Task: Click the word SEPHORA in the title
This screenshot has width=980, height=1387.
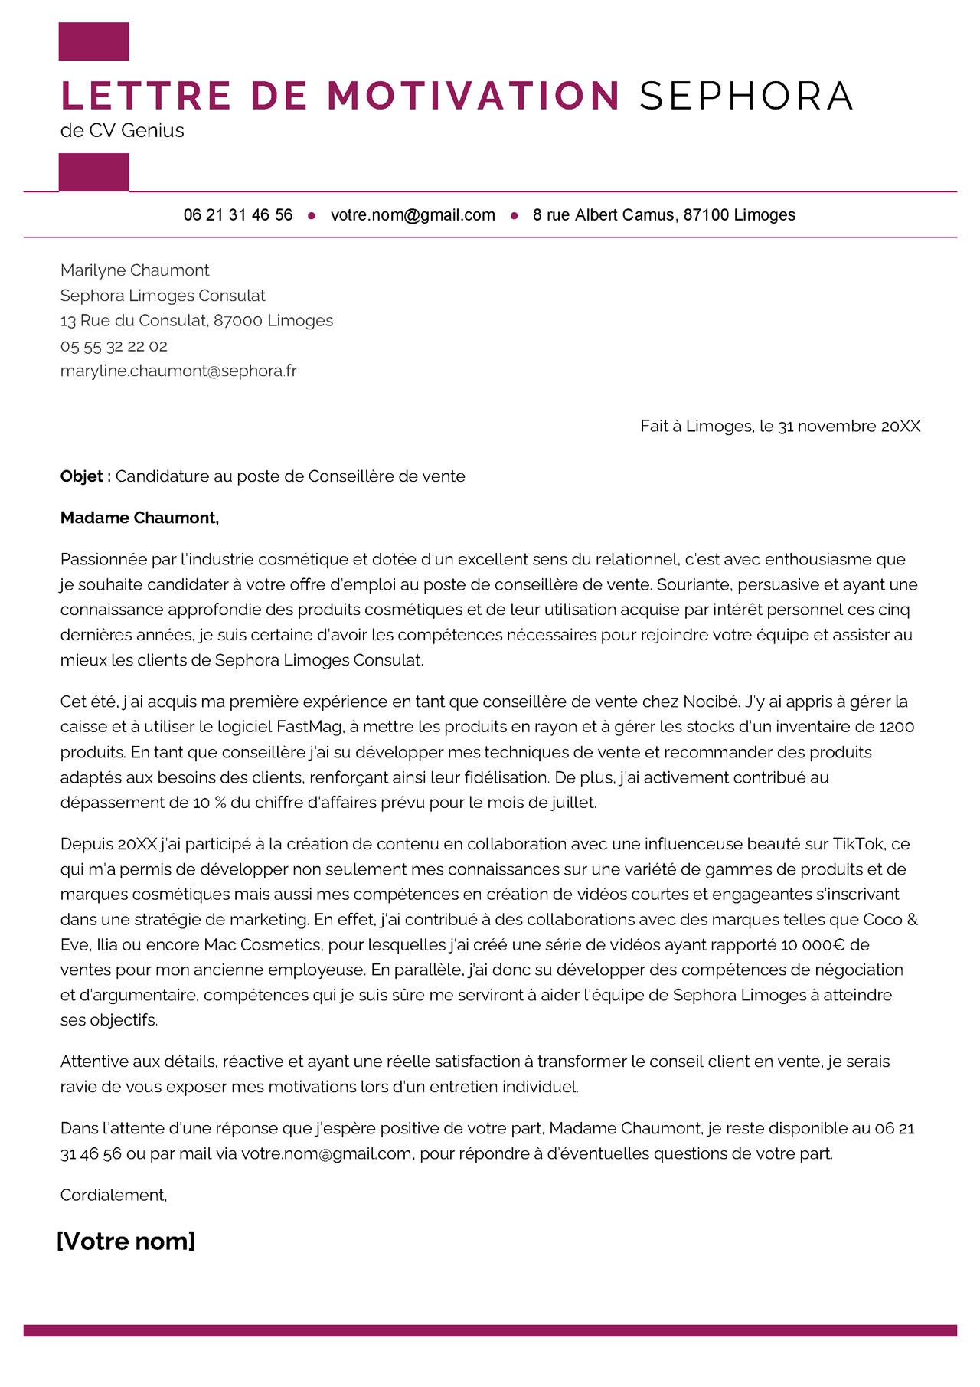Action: click(x=746, y=96)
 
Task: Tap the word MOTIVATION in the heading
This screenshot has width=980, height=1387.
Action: click(x=473, y=96)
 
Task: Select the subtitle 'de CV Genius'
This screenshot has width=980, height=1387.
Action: click(x=122, y=130)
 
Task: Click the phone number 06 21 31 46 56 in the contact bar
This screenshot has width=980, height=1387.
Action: click(x=238, y=215)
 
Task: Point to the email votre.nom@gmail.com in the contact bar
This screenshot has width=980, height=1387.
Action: click(x=413, y=215)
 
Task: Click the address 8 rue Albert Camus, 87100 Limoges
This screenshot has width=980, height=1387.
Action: click(x=664, y=215)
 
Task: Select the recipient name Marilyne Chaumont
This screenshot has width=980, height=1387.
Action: click(x=135, y=270)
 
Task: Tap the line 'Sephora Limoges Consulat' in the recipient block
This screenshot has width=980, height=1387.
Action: click(x=163, y=296)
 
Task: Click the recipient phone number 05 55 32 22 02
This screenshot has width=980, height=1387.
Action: click(x=114, y=346)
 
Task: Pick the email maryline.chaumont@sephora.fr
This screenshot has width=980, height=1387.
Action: click(x=178, y=371)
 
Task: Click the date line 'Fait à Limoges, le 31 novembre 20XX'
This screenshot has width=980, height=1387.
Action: click(x=780, y=426)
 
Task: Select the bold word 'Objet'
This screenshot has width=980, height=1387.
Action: click(x=82, y=476)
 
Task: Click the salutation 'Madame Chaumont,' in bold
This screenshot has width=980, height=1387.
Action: click(x=140, y=518)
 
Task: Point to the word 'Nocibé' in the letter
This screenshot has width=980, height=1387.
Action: click(x=711, y=702)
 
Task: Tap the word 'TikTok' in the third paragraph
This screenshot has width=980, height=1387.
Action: click(x=857, y=844)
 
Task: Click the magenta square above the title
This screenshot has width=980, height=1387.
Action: click(x=93, y=41)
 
